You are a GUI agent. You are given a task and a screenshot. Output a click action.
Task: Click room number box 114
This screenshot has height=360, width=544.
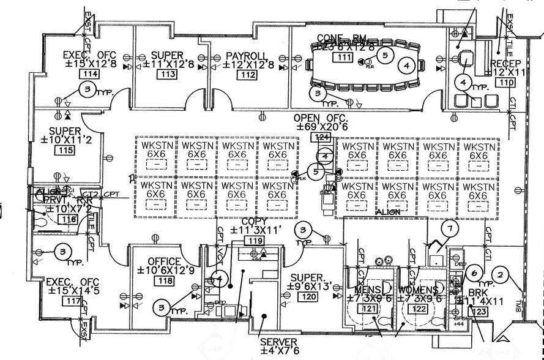pos(91,75)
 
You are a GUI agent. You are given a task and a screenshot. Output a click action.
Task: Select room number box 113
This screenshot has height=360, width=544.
pos(166,75)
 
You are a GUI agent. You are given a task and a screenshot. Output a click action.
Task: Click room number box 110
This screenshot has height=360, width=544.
pos(505,83)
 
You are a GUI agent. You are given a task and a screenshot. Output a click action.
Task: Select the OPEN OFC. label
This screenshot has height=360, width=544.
pos(321,118)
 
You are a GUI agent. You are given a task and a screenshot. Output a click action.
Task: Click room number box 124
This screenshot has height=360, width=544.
pos(322,137)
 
